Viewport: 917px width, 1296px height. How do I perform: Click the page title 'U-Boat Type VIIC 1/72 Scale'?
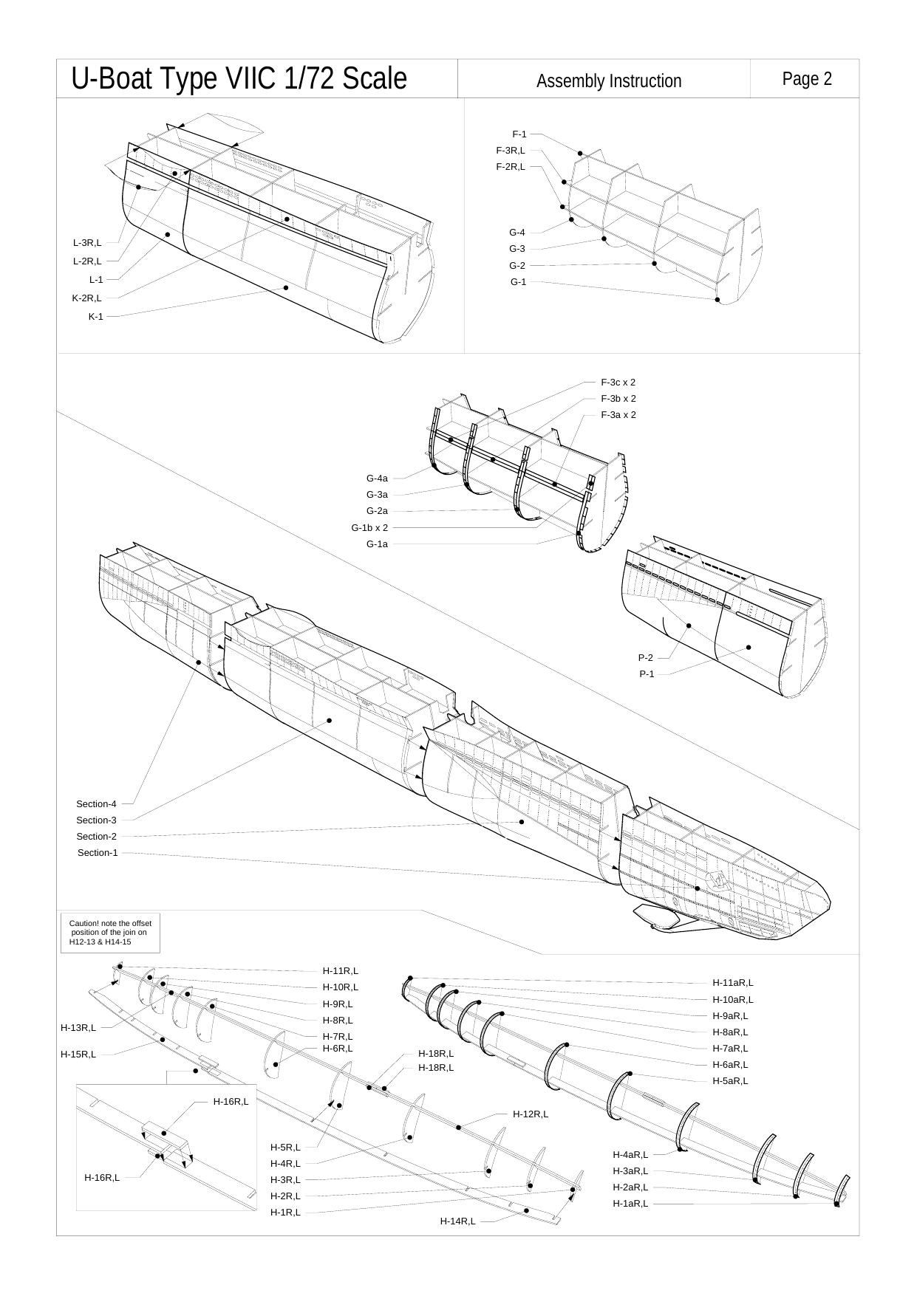[239, 79]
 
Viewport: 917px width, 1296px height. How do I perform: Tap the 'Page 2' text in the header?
[807, 79]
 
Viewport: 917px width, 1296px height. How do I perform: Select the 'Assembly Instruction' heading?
[609, 81]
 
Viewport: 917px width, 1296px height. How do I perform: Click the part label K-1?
[96, 317]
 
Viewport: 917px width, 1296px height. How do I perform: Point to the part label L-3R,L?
[87, 243]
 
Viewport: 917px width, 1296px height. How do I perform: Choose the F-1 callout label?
[519, 134]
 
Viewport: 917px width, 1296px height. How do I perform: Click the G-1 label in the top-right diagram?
[518, 282]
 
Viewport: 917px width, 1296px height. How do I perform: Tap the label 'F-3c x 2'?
[618, 383]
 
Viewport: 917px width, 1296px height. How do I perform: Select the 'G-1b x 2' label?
[369, 528]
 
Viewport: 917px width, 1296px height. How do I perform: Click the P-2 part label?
[646, 658]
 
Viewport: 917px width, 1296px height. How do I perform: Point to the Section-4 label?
[96, 804]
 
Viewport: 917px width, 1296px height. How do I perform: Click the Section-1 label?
[98, 853]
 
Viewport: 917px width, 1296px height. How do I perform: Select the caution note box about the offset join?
[110, 933]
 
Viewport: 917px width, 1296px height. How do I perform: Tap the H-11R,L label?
[340, 971]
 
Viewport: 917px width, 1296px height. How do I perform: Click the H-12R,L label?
[531, 1114]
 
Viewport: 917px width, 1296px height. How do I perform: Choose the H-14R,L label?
[458, 1221]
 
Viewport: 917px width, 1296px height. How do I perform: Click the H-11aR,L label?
[733, 983]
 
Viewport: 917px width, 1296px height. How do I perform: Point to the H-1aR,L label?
[630, 1204]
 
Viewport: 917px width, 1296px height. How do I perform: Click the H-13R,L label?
[78, 1028]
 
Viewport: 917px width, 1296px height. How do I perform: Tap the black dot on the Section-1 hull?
[698, 888]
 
